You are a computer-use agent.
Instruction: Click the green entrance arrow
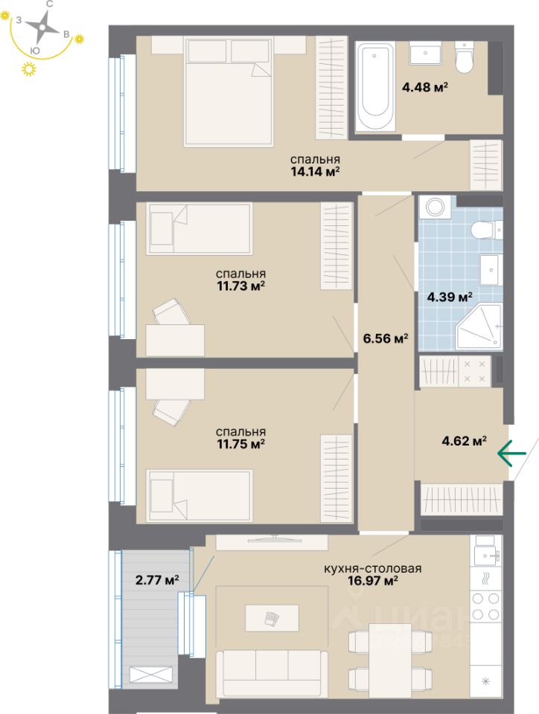512,452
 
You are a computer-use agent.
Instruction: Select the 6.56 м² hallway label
385,338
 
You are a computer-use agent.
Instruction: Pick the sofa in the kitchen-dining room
271,672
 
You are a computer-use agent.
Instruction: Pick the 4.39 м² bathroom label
450,297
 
